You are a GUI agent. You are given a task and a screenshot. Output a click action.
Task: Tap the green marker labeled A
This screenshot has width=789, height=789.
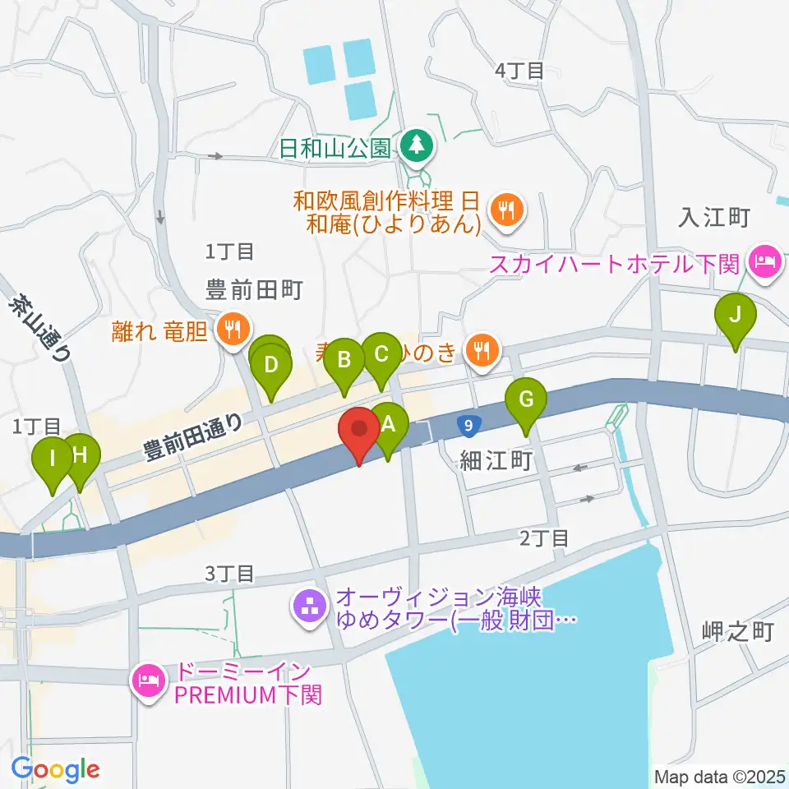point(390,426)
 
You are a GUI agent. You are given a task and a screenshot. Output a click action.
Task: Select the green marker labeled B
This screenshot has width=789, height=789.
point(344,360)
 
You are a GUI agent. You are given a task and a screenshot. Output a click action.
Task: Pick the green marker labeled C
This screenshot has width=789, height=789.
point(381,355)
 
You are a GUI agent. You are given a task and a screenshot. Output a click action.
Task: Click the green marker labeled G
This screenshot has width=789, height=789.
point(526,401)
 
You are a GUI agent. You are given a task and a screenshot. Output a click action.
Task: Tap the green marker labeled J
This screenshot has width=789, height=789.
point(735,316)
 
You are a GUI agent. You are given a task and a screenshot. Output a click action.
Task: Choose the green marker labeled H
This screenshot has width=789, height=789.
point(80,455)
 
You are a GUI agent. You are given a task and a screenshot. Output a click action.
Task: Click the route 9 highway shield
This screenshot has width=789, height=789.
point(467,426)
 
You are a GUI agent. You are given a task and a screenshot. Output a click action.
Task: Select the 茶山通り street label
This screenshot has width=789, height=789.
point(40,329)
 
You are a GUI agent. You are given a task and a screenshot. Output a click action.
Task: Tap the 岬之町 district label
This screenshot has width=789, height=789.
point(739,631)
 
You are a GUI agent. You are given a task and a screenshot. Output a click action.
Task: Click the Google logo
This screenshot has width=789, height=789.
point(56,770)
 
